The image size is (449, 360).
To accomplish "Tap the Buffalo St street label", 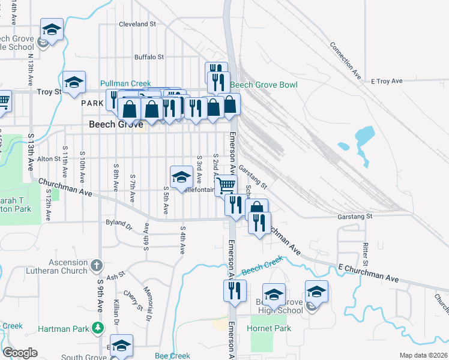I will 149,57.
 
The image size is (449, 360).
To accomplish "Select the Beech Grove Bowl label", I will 264,85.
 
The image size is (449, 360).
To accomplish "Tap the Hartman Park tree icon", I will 97,328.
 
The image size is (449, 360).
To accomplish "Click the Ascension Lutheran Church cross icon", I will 97,265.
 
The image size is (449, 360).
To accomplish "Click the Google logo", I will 20,353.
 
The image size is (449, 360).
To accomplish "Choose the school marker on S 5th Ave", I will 181,176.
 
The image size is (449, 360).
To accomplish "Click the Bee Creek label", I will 172,356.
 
